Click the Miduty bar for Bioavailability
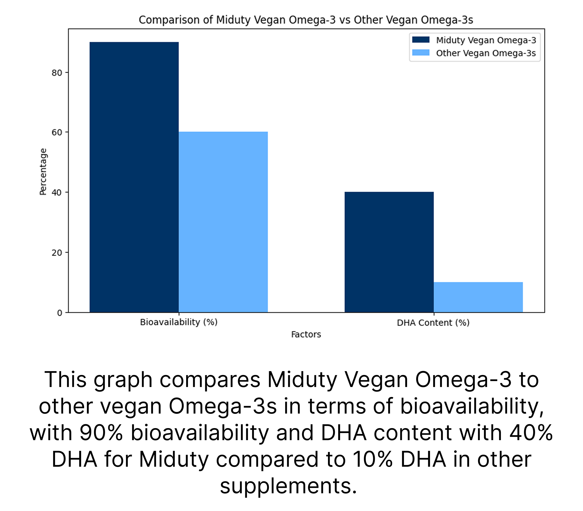pos(134,177)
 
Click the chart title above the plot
pos(306,20)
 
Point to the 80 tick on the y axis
pos(57,73)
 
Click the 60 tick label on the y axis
pos(57,133)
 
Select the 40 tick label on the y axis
pos(57,193)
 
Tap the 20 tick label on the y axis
pos(57,253)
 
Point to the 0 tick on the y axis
pos(60,313)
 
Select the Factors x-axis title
pos(306,334)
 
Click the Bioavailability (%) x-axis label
pos(179,322)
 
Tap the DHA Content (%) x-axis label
pos(433,323)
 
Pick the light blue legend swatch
pos(421,53)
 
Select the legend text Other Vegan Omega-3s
pos(486,53)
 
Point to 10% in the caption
pos(373,459)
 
